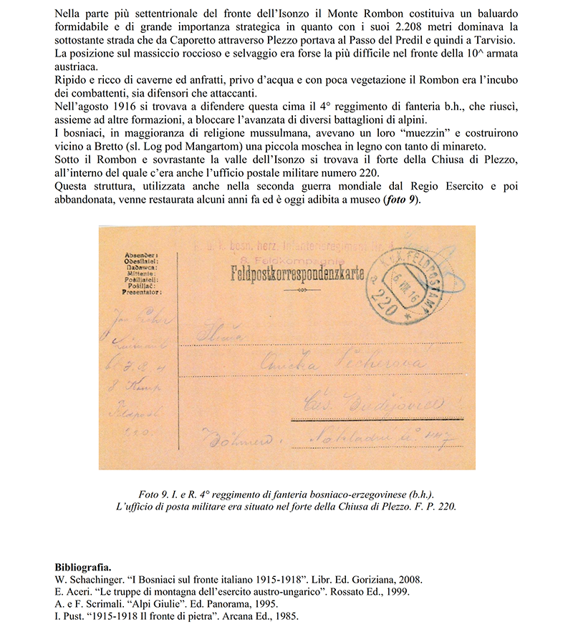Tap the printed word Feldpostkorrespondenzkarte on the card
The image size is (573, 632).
[x=294, y=273]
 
